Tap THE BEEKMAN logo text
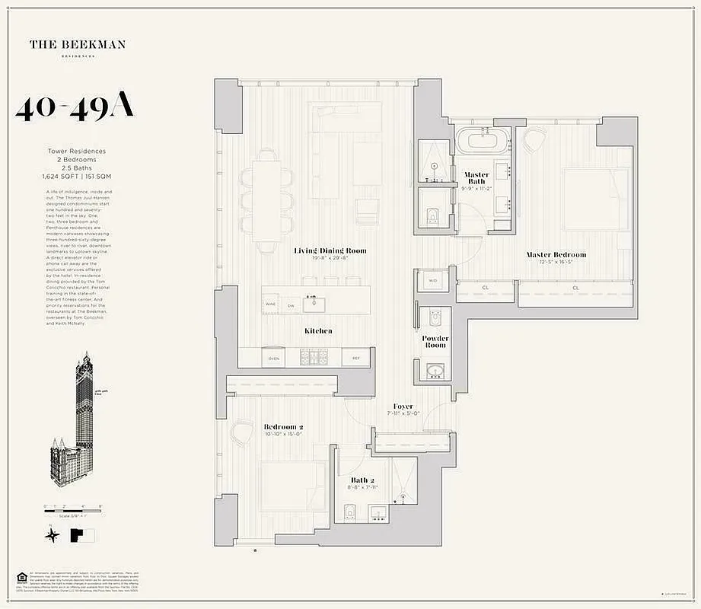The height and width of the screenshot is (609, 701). point(78,45)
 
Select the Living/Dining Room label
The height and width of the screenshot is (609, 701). point(330,250)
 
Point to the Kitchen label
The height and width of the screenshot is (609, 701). point(318,331)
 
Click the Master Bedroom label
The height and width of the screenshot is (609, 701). point(557,254)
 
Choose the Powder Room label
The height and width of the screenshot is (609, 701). point(435,341)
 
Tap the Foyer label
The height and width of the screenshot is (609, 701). point(403,407)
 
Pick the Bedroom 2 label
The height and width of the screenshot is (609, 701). point(283,427)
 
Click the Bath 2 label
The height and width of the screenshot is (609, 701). point(362,480)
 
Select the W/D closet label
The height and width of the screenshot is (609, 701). point(433,281)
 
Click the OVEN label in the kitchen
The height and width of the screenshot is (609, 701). point(274,358)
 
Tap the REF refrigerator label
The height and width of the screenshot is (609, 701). point(355,358)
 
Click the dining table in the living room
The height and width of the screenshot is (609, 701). point(268,201)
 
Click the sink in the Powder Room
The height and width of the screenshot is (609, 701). point(435,371)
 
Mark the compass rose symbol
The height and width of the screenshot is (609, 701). point(53,535)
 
